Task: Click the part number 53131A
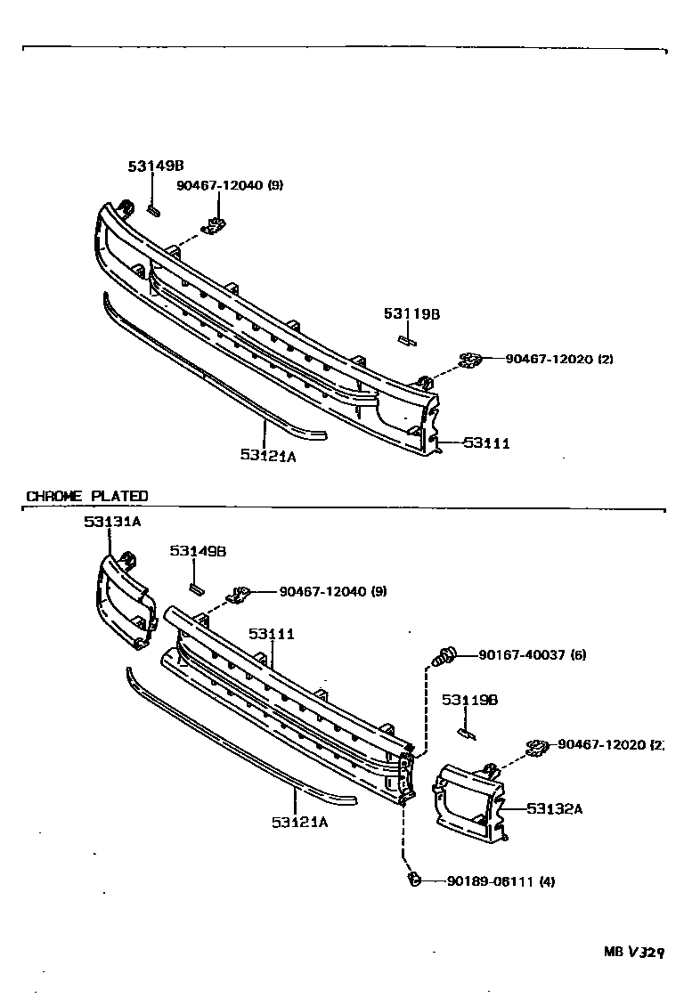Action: tap(112, 522)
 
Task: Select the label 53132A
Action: tap(554, 808)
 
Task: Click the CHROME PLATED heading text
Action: tap(87, 496)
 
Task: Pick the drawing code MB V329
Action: tap(634, 952)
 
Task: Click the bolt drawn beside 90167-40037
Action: tap(444, 658)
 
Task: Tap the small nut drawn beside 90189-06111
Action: tap(413, 880)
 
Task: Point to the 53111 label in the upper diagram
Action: tap(486, 442)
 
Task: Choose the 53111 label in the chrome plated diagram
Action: tap(272, 634)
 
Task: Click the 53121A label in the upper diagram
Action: tap(267, 455)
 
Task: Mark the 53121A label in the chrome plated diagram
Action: tap(300, 822)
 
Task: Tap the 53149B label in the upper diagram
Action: tap(155, 166)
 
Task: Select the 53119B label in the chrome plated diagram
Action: tap(469, 700)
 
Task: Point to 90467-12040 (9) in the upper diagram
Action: tap(229, 185)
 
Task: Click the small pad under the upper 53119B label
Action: tap(406, 338)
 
